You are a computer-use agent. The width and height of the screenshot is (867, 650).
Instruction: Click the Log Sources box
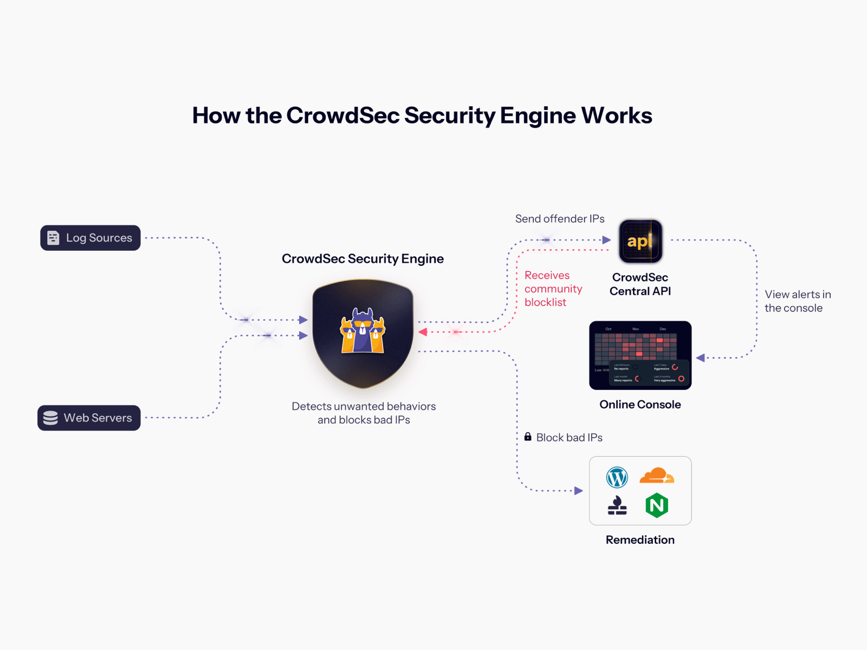(x=90, y=238)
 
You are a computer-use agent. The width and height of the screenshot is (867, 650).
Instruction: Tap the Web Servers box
(x=89, y=418)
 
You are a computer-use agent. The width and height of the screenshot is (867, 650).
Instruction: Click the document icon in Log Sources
(x=53, y=238)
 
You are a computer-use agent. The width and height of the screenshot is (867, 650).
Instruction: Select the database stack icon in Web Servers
(x=50, y=418)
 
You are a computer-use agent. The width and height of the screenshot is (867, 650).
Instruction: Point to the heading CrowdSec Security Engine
(x=363, y=259)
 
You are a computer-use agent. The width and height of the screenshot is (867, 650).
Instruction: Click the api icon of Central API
(x=640, y=241)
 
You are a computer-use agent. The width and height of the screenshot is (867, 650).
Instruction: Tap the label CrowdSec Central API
(x=640, y=284)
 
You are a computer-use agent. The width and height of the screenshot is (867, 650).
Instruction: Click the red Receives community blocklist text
(x=553, y=289)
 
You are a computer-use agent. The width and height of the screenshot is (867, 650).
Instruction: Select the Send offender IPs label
(x=560, y=219)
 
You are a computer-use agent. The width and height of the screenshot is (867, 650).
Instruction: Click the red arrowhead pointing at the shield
(x=423, y=331)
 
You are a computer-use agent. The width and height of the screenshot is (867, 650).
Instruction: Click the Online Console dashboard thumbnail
(x=640, y=355)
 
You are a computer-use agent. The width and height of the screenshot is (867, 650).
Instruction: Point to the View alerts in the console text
(x=797, y=301)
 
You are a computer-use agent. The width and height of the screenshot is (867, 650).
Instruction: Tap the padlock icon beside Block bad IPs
(x=528, y=437)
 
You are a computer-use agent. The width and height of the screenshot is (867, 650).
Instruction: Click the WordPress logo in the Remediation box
(x=617, y=477)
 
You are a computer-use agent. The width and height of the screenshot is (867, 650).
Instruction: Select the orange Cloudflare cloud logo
(x=656, y=476)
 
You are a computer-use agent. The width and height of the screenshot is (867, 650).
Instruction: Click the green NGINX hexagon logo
(x=657, y=505)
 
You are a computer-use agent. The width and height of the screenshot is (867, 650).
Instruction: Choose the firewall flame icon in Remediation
(x=617, y=505)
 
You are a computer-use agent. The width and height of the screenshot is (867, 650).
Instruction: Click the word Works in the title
(x=617, y=115)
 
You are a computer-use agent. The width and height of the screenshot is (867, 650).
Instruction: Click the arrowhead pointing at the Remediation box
(x=579, y=491)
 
